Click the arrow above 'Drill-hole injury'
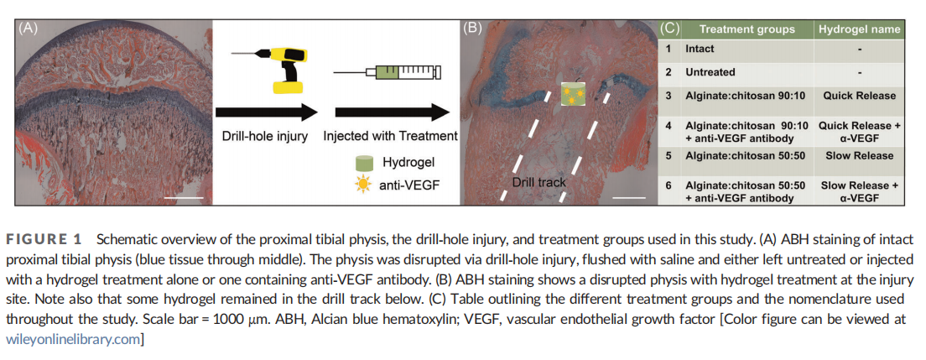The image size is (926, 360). click(266, 112)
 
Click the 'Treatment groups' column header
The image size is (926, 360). click(747, 29)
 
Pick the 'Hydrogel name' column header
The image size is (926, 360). click(859, 29)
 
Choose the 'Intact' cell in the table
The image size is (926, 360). click(700, 50)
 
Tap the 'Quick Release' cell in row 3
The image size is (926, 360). click(859, 96)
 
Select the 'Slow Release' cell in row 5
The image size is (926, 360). click(859, 155)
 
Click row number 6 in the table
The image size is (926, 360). click(668, 185)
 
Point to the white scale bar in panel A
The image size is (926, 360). click(190, 198)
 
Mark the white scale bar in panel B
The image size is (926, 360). click(635, 198)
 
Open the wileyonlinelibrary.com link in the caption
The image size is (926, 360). click(73, 338)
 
